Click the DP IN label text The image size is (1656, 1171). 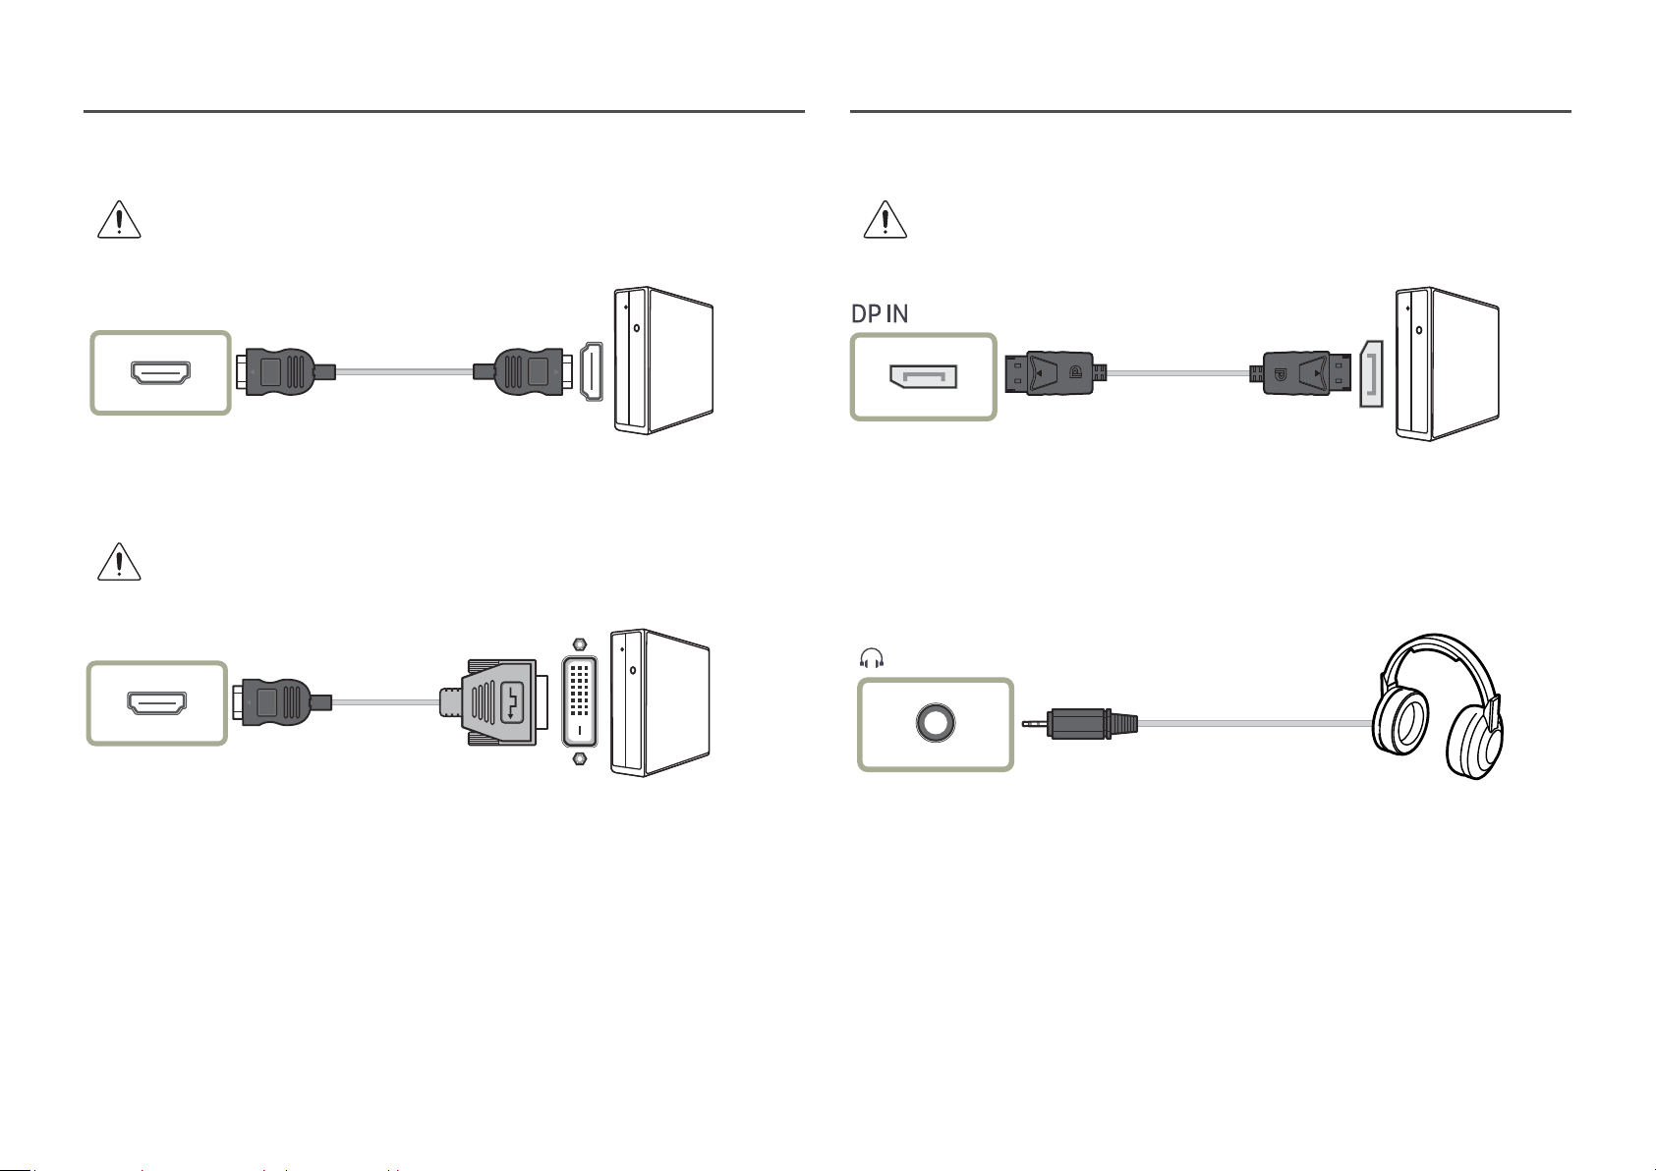879,314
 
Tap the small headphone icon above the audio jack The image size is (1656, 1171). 872,657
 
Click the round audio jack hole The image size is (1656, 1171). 936,723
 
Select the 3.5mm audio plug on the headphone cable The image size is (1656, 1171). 1080,723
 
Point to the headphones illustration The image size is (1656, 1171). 1438,705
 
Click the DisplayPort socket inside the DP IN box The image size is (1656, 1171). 924,377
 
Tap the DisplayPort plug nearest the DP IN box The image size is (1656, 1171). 1056,373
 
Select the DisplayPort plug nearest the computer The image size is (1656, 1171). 1300,373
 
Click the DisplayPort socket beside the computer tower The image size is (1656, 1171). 1371,373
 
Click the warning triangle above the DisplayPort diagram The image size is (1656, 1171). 885,219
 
